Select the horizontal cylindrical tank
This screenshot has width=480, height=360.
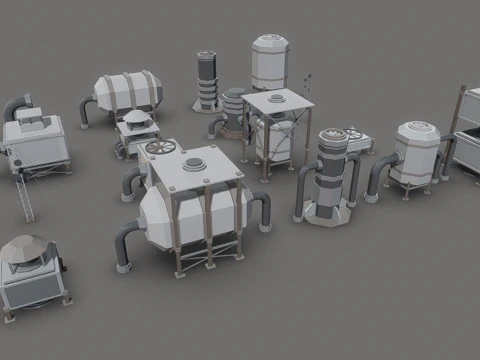tap(125, 90)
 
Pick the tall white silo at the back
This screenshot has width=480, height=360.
tap(269, 63)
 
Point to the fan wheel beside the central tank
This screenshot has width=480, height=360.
tap(158, 148)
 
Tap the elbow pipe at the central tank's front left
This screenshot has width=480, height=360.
tap(124, 244)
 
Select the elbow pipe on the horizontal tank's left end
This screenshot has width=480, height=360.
tap(87, 111)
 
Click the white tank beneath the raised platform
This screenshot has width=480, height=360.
tap(273, 140)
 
